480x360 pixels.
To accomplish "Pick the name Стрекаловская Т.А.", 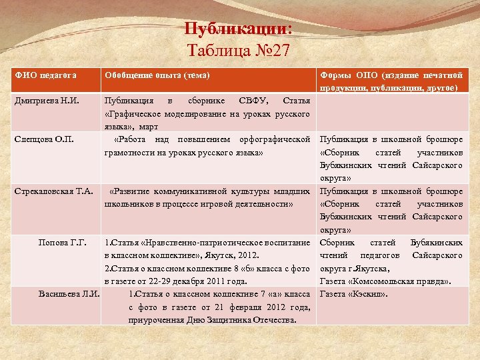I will [53, 191].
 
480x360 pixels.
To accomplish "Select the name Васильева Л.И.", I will [69, 294].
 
